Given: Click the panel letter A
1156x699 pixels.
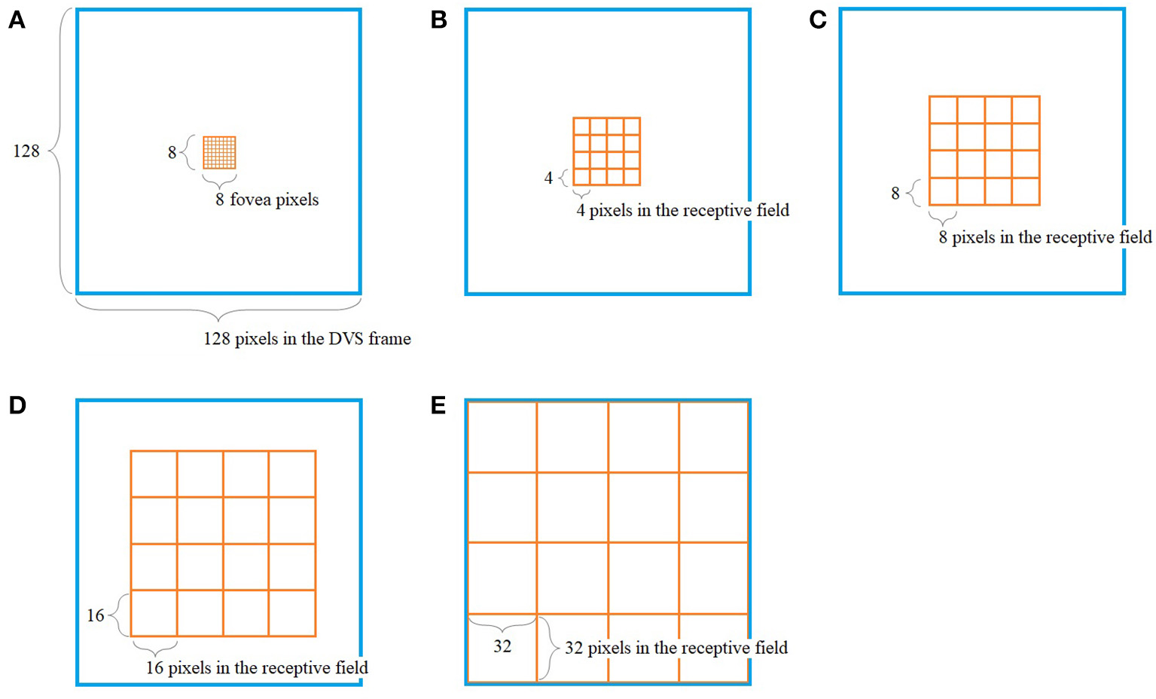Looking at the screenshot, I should coord(17,20).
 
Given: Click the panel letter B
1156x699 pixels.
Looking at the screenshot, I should coord(438,20).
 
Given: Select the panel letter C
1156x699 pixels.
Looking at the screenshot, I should coord(818,20).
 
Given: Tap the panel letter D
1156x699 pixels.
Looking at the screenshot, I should coord(17,405).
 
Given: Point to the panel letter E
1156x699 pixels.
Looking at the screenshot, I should coord(438,405).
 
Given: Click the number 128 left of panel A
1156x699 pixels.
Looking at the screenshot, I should coord(26,151).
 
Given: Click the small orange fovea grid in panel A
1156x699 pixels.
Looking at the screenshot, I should coord(219,152).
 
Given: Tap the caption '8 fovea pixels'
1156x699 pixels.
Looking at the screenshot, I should coord(267,200).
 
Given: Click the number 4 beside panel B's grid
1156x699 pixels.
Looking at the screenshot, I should coord(548,178).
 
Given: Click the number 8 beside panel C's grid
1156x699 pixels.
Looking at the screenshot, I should coord(895,194).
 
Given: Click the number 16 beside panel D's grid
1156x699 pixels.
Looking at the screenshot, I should coord(96,615).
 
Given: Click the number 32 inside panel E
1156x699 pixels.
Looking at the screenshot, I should coord(502,646).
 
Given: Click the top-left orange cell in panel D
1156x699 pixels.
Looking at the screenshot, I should coord(154,474).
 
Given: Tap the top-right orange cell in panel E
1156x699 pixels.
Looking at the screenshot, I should coord(713,437).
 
